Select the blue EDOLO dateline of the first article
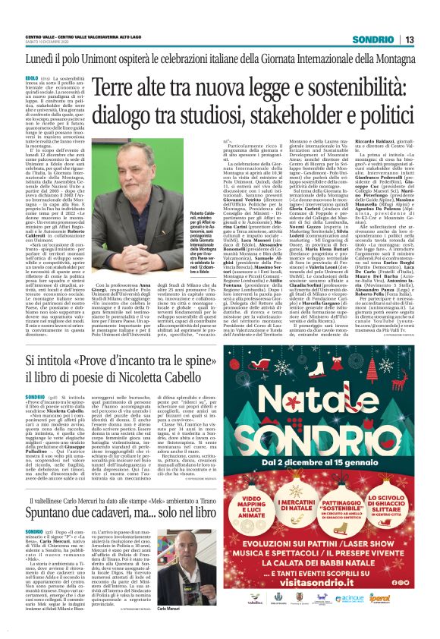tap(33, 77)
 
